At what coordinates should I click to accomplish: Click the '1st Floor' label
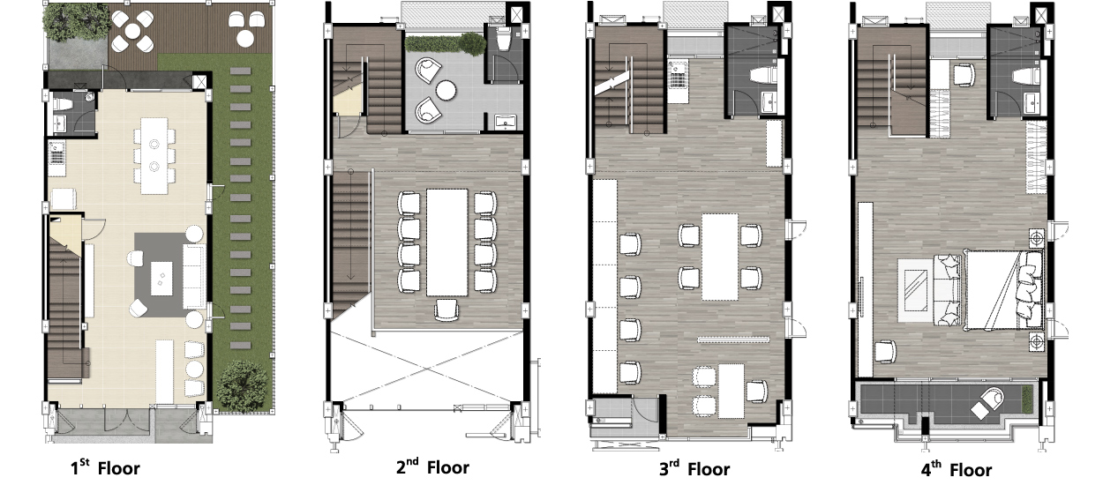point(105,467)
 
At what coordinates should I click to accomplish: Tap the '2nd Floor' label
point(433,466)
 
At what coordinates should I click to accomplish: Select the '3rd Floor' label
point(694,469)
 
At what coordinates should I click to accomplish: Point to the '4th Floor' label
point(957,470)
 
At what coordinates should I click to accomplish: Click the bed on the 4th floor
point(1004,290)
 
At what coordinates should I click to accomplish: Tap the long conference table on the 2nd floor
point(446,242)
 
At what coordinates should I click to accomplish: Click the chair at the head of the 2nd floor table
point(446,310)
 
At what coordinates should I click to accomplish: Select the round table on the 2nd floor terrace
point(446,91)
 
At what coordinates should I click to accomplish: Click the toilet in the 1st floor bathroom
point(64,104)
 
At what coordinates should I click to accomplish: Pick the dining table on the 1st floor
point(154,155)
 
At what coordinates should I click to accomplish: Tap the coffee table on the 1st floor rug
point(161,279)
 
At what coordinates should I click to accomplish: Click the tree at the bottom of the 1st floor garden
point(243,385)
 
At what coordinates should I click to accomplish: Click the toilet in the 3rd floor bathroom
point(763,75)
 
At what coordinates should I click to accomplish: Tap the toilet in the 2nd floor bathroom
point(504,39)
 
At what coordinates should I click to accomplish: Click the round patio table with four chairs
point(132,32)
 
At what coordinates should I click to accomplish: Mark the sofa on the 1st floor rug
point(194,276)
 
